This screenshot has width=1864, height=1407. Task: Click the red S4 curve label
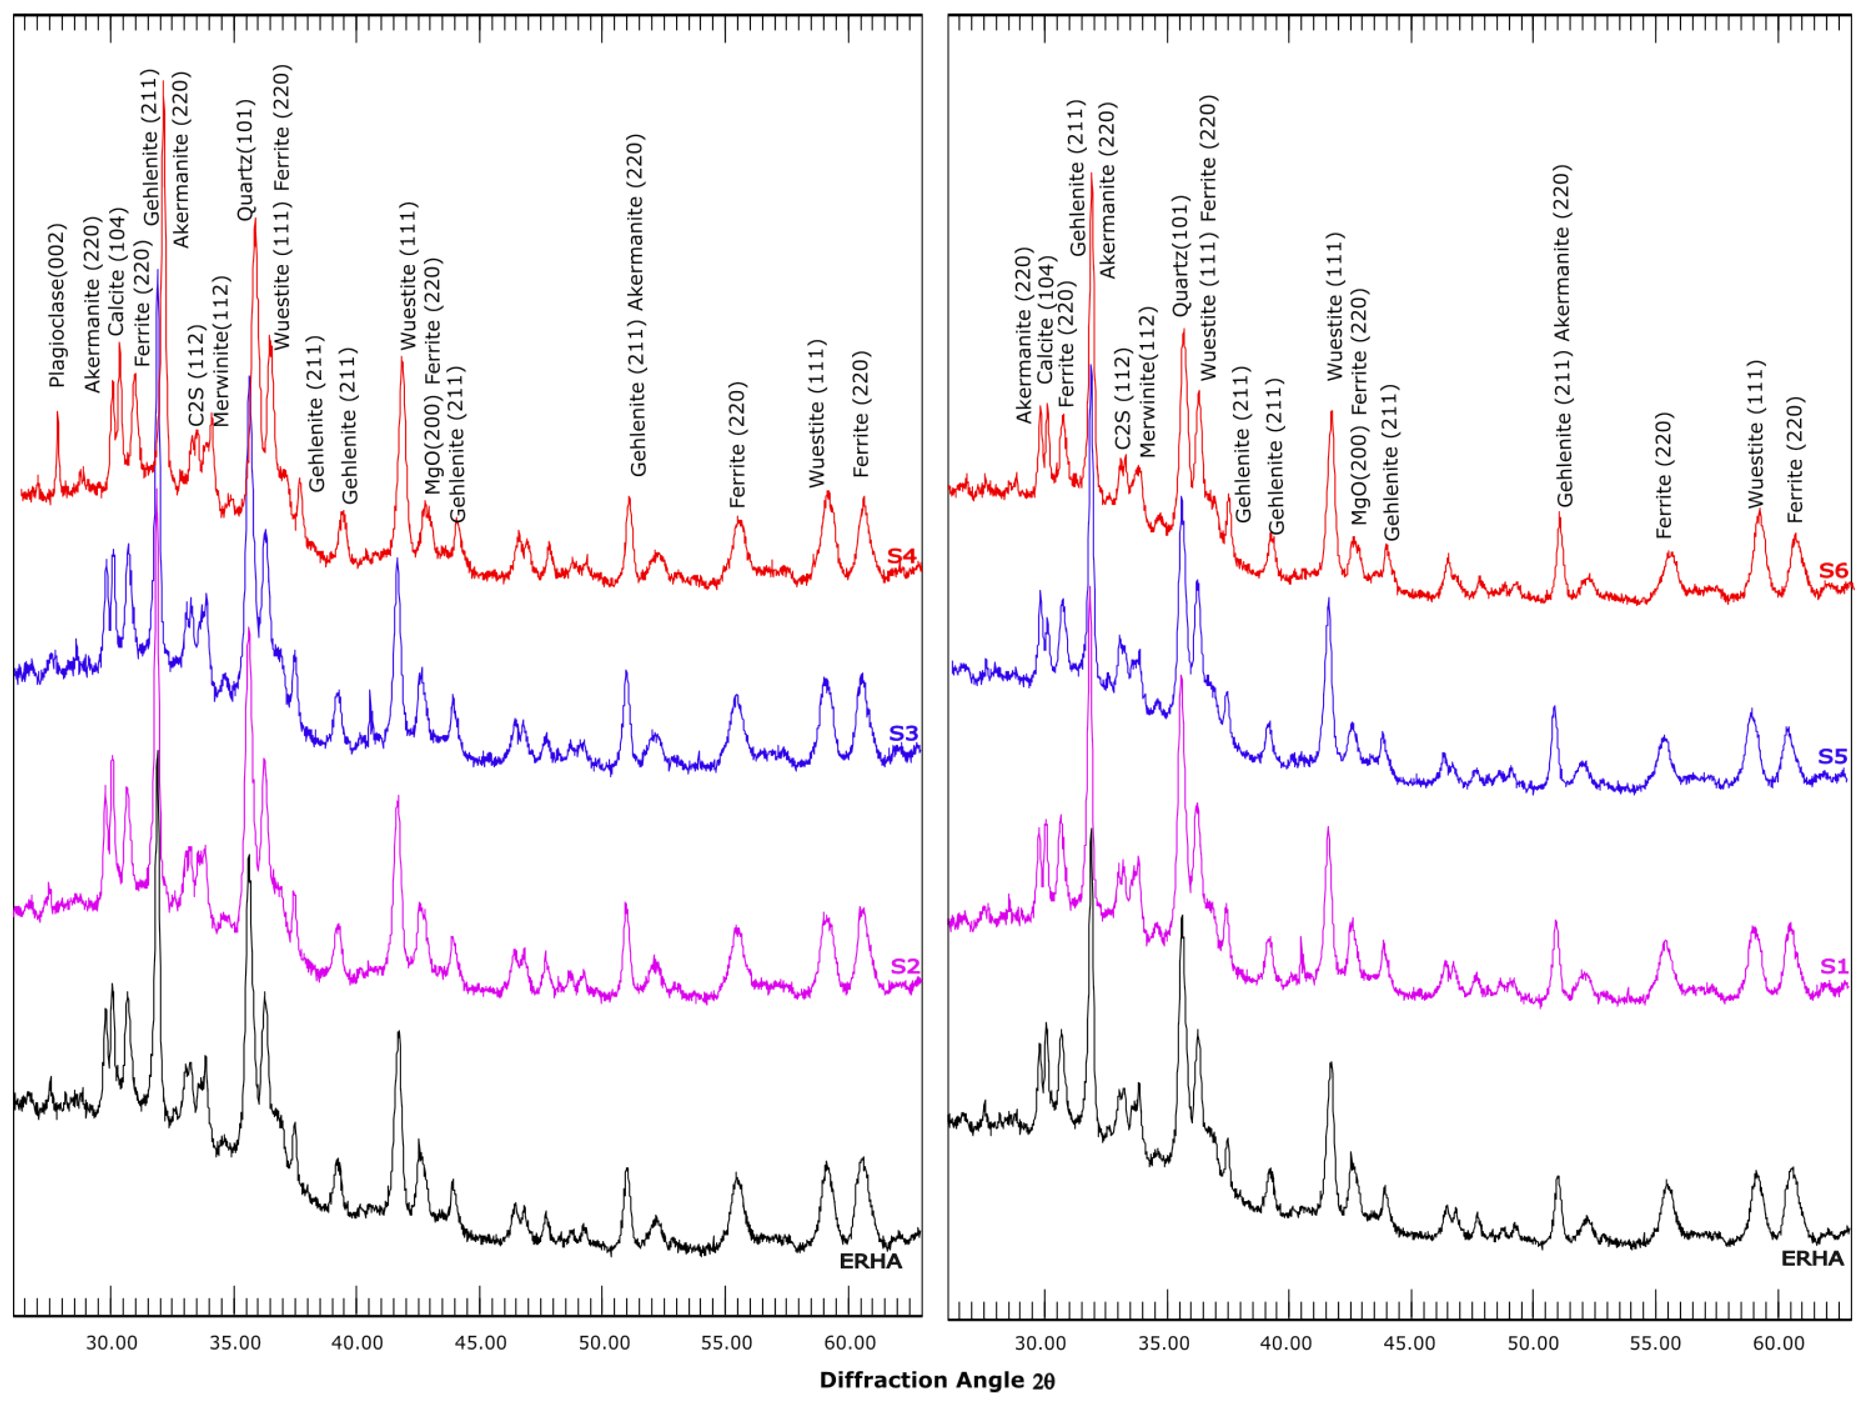pyautogui.click(x=901, y=557)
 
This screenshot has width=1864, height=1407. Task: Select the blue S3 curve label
pyautogui.click(x=903, y=733)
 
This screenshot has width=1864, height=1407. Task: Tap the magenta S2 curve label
pyautogui.click(x=904, y=966)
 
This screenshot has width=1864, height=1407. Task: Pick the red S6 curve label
pyautogui.click(x=1833, y=571)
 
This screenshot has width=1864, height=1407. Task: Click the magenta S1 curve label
pyautogui.click(x=1834, y=966)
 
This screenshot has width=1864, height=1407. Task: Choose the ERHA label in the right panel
pyautogui.click(x=1812, y=1258)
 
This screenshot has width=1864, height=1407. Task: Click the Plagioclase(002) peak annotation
pyautogui.click(x=56, y=305)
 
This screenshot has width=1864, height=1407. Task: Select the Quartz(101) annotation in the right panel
pyautogui.click(x=1179, y=256)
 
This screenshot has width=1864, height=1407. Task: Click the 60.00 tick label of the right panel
pyautogui.click(x=1777, y=1343)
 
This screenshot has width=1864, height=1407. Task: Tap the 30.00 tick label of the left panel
pyautogui.click(x=111, y=1343)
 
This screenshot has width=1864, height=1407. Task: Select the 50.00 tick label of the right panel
pyautogui.click(x=1532, y=1343)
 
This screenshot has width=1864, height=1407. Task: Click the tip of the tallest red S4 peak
pyautogui.click(x=164, y=83)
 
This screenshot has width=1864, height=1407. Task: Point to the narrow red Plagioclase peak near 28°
pyautogui.click(x=57, y=413)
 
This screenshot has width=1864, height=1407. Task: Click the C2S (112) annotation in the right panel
pyautogui.click(x=1122, y=400)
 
